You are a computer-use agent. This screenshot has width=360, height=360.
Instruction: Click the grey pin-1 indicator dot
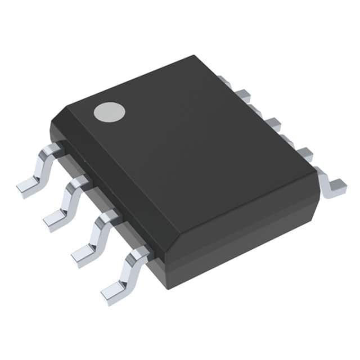(x=109, y=112)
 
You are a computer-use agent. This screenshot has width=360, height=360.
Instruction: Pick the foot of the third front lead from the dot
(x=83, y=256)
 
